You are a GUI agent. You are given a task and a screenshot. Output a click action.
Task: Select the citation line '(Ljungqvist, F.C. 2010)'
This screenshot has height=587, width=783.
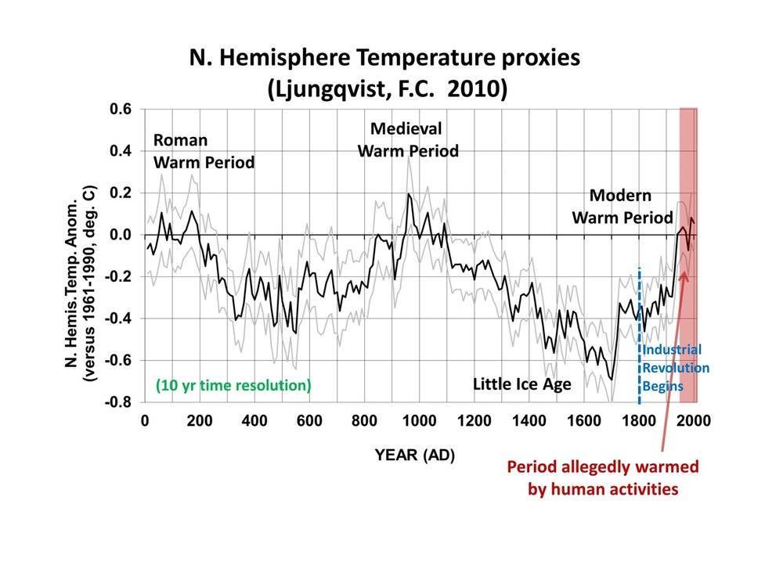point(388,88)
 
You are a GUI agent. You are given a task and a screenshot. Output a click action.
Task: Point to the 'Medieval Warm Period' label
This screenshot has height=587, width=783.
point(407,139)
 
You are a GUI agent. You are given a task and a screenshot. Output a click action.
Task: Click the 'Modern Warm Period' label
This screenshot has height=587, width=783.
point(622,206)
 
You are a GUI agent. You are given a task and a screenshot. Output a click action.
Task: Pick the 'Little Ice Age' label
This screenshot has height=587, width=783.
point(521,384)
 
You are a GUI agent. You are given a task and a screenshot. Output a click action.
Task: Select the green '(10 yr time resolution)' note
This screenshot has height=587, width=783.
point(233,385)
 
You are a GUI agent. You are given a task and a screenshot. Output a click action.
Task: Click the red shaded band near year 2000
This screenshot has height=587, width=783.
point(688,313)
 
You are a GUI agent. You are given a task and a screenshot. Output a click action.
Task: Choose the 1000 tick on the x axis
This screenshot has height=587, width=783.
point(419,421)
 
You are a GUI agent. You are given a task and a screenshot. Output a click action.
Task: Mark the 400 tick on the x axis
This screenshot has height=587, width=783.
point(254,421)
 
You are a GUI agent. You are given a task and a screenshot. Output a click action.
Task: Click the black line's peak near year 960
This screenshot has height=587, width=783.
point(408,194)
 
